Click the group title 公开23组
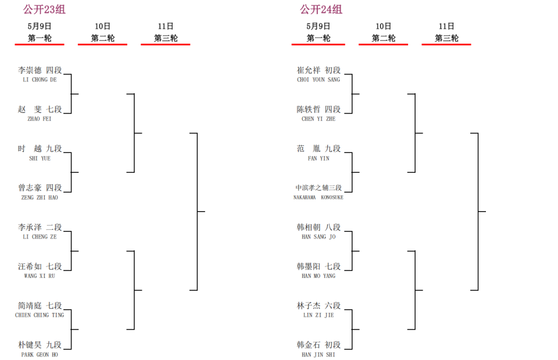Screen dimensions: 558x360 point(45,9)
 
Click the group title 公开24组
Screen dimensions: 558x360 point(321,9)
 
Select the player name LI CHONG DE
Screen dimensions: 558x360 point(40,80)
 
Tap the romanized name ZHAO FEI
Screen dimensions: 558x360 point(40,119)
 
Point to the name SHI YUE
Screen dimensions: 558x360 point(40,158)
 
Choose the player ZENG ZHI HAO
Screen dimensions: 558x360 point(40,198)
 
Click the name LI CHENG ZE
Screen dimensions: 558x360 point(40,237)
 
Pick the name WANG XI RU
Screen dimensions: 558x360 point(40,276)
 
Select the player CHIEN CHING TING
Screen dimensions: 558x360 point(40,315)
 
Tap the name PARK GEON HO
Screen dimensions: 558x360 point(40,355)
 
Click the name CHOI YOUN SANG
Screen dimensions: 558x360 point(319,80)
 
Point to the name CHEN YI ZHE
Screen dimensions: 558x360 point(319,119)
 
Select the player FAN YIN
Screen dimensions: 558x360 point(319,158)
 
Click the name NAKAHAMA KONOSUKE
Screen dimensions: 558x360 point(319,198)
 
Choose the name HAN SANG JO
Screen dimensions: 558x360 point(319,237)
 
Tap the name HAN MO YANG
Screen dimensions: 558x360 point(319,276)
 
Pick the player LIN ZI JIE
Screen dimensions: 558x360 point(319,315)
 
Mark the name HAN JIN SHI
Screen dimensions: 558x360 point(319,355)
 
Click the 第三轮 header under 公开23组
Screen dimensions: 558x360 point(166,38)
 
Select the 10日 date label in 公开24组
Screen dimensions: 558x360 point(383,26)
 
